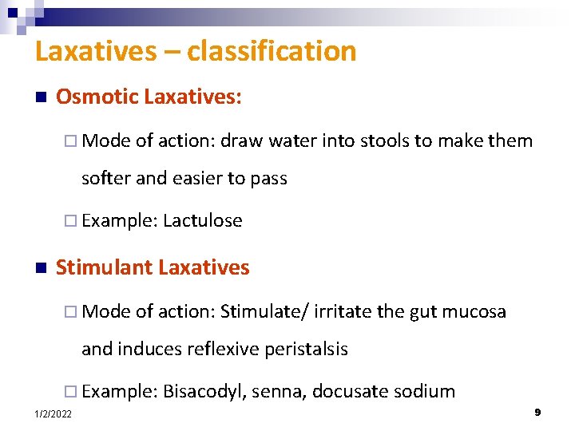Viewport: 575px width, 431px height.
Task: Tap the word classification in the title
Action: (271, 52)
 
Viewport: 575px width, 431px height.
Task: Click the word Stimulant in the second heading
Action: (101, 267)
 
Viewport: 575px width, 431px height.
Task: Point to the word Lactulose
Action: (202, 221)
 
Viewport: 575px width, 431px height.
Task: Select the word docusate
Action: (348, 392)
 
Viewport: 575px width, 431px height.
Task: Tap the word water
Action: (292, 141)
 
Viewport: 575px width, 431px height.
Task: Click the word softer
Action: (105, 179)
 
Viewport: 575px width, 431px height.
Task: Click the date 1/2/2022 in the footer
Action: (53, 413)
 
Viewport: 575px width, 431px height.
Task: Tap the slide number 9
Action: (537, 412)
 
